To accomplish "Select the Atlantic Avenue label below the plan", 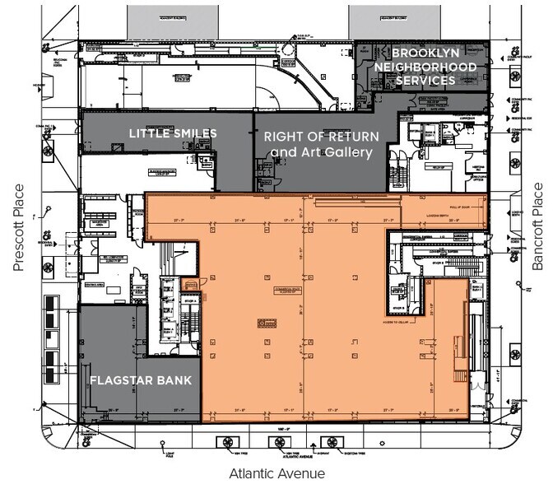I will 276,472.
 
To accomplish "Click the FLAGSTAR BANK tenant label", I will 141,380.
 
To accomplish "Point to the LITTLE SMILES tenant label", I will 172,133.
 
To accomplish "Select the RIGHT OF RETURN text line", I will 322,137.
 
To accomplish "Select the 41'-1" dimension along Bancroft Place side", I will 499,378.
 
